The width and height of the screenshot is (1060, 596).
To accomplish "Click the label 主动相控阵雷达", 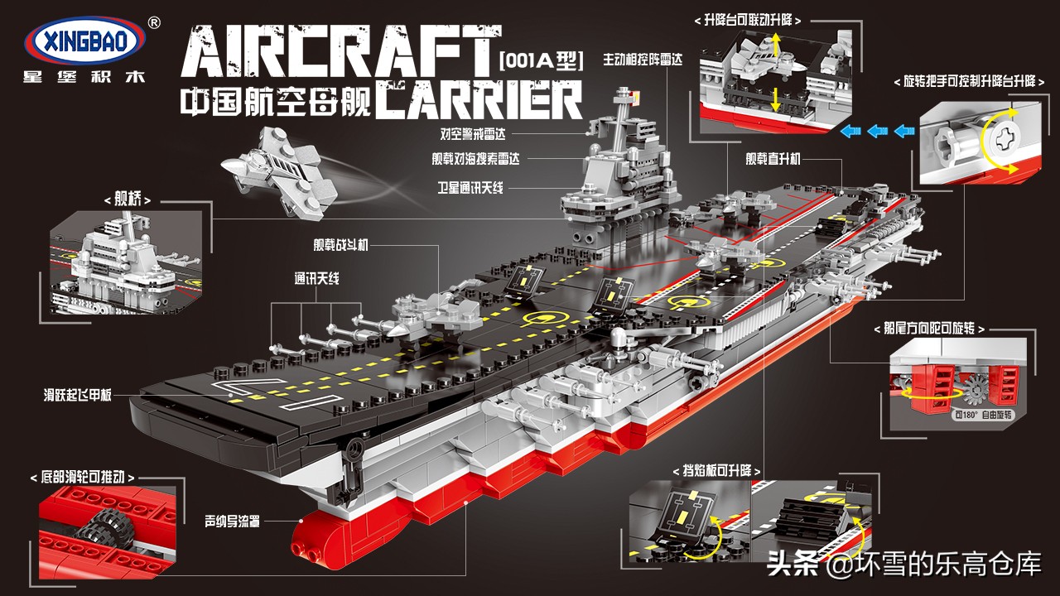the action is [643, 60].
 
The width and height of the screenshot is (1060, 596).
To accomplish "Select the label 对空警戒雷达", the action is [472, 134].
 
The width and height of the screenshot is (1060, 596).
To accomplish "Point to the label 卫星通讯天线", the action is [470, 188].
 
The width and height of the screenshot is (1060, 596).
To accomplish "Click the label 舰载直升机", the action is [773, 159].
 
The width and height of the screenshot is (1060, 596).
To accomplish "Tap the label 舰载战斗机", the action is [340, 244].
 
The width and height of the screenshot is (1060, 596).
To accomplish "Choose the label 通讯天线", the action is [316, 279].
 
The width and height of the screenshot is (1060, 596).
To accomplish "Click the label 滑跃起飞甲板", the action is [77, 395].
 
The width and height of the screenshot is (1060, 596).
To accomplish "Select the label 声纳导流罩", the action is [232, 521].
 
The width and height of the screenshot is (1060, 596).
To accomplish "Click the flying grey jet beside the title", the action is [279, 173].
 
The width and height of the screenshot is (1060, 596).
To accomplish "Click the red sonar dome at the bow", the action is [326, 539].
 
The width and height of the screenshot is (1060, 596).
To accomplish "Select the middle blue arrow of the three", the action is [877, 131].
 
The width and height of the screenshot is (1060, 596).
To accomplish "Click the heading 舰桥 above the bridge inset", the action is [128, 199].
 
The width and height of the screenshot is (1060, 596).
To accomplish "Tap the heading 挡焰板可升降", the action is [716, 471].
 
